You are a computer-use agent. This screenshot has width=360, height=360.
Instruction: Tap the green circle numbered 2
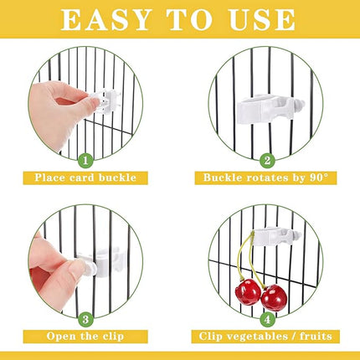click(267, 159)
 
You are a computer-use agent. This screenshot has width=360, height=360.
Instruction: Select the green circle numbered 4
click(267, 318)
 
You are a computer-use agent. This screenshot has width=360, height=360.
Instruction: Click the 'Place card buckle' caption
click(90, 177)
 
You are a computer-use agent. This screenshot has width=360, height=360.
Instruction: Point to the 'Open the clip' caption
click(90, 337)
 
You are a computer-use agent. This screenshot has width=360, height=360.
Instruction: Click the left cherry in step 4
click(249, 292)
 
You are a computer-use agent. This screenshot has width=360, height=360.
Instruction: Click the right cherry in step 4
click(274, 297)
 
